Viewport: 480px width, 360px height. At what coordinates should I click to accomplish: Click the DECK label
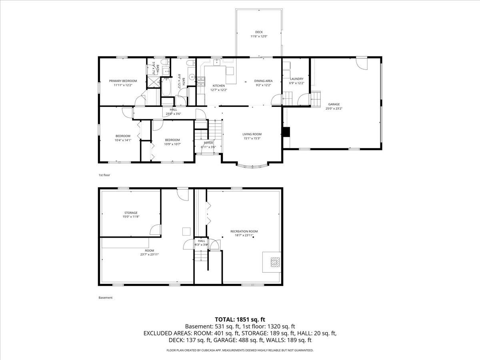[259, 32]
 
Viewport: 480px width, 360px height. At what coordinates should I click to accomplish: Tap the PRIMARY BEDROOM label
[123, 81]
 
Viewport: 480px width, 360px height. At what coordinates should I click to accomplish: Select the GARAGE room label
[334, 104]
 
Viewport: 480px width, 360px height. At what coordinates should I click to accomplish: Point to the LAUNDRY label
[296, 79]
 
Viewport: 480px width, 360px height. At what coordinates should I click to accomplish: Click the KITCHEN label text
[218, 86]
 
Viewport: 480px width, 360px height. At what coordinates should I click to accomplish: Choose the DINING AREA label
[263, 81]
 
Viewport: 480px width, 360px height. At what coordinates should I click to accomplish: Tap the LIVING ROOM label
[252, 134]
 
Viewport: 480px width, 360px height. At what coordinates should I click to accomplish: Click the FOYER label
[208, 143]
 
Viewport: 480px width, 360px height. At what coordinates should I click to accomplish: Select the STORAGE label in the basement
[130, 212]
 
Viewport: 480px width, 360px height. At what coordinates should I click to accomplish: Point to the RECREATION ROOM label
[244, 231]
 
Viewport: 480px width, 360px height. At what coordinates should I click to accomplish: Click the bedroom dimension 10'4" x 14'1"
[123, 140]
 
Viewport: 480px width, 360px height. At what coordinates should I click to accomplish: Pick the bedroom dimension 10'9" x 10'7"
[172, 144]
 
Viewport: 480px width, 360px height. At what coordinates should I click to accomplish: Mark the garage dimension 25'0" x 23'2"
[334, 108]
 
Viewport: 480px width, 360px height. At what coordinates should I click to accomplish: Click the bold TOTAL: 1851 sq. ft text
[240, 319]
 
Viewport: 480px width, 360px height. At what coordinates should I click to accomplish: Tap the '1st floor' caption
[104, 175]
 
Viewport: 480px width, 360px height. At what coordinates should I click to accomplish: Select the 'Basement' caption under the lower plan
[106, 298]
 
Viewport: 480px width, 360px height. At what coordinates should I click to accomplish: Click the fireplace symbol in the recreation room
[275, 262]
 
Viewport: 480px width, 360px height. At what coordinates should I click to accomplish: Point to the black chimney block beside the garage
[286, 132]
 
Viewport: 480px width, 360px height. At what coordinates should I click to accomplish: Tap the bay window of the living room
[252, 165]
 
